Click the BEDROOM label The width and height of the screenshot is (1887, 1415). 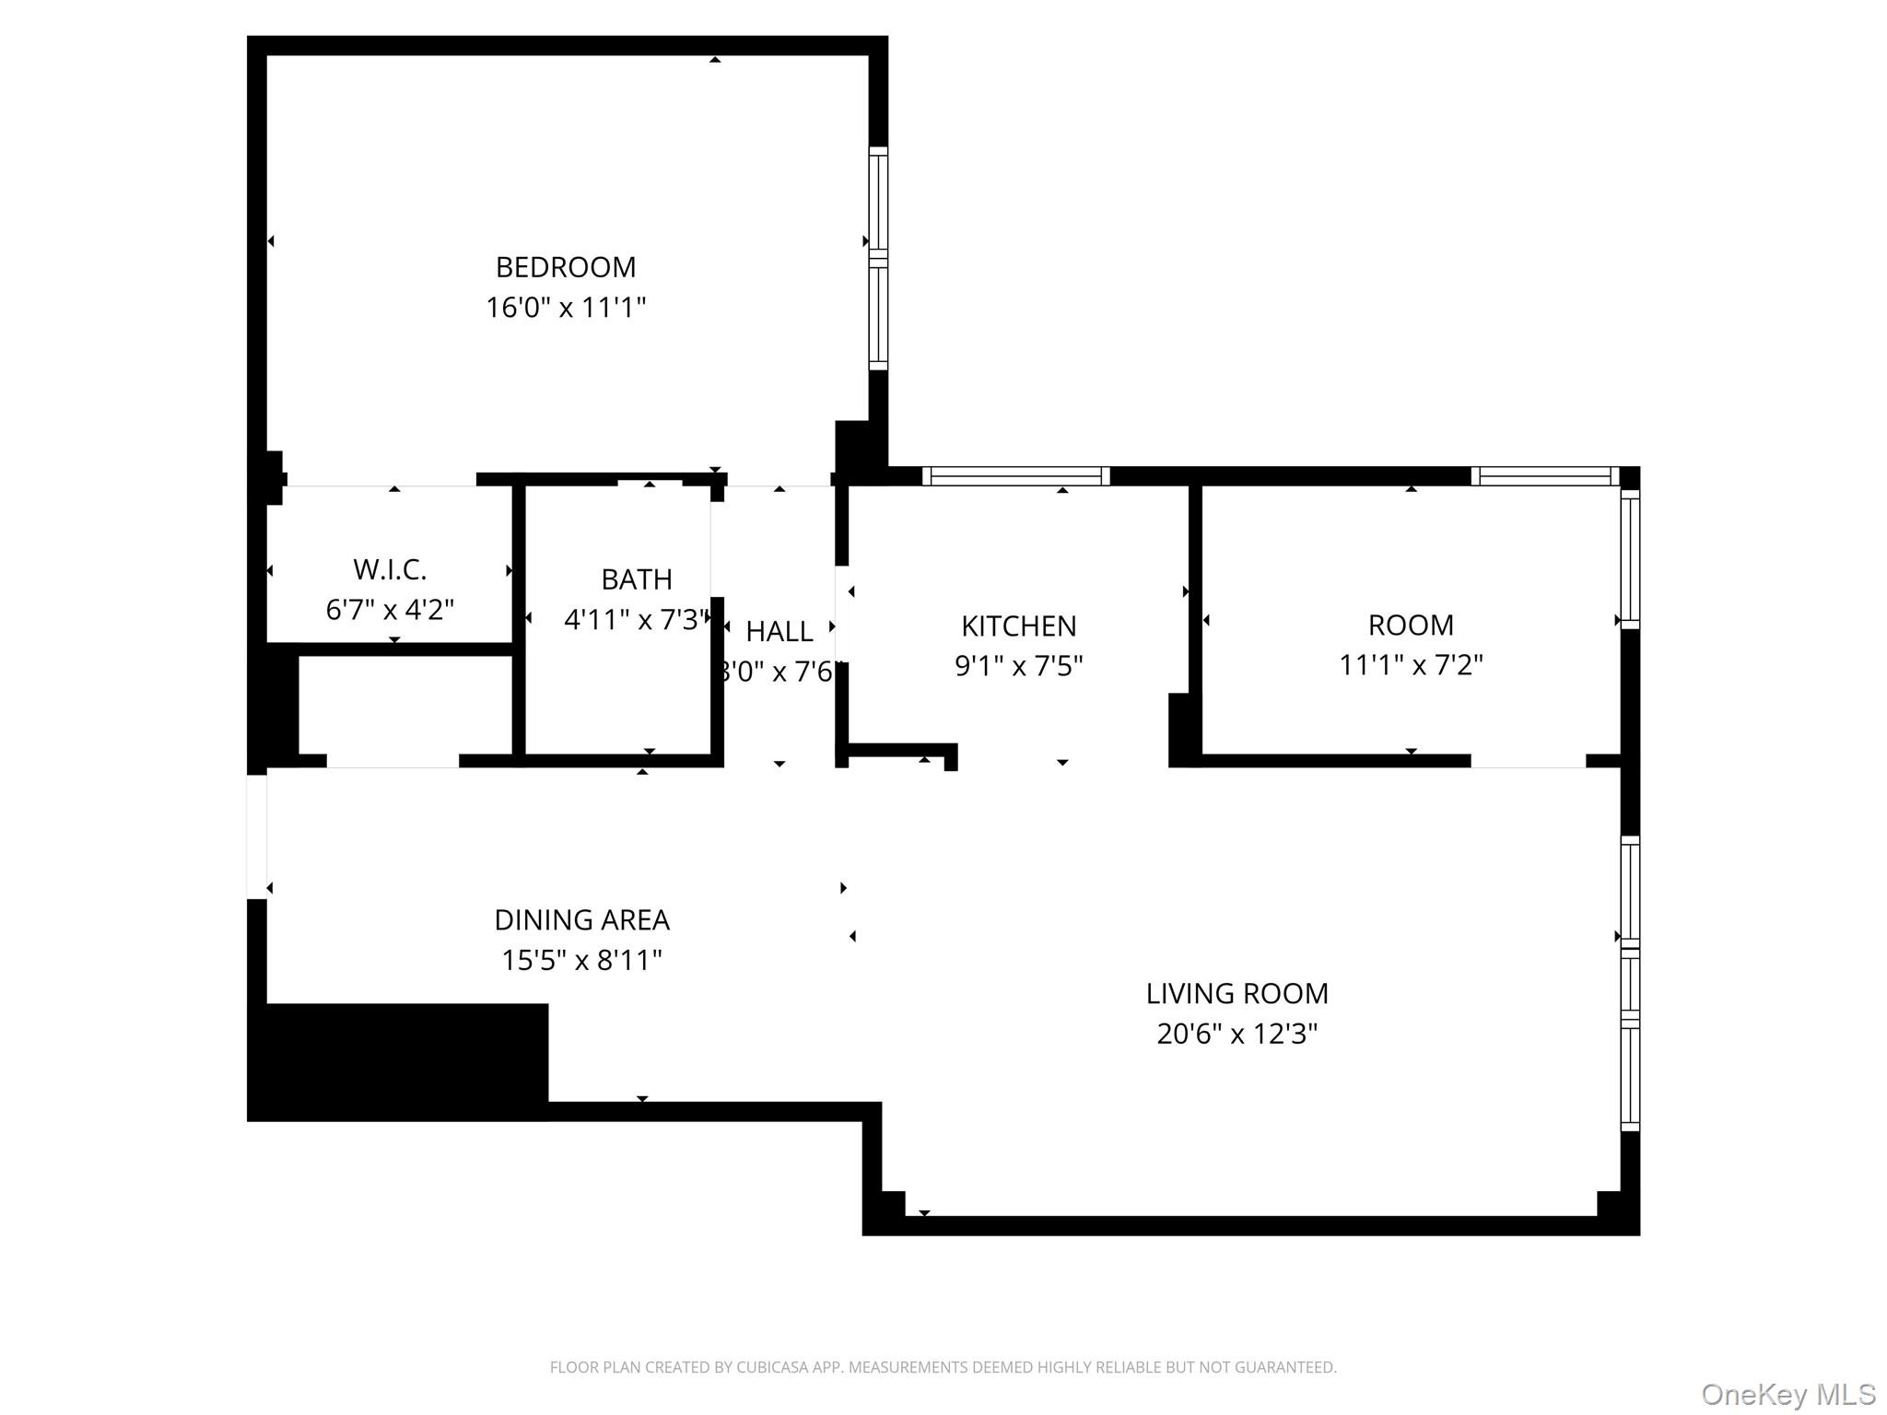coord(566,267)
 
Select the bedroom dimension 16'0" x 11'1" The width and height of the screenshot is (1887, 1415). coord(566,307)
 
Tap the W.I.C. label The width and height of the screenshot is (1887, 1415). coord(390,569)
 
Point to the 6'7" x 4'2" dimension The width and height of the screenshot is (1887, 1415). coord(390,610)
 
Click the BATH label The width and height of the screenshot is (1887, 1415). coord(636,579)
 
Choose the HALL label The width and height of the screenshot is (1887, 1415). coord(779,632)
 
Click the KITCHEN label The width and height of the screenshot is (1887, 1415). coord(1018,626)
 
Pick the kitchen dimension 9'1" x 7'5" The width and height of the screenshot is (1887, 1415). coord(1018,666)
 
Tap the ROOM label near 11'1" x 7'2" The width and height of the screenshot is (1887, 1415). coord(1411,626)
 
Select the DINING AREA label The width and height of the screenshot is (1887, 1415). coord(581,920)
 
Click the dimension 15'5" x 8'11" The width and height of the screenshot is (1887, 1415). coord(581,961)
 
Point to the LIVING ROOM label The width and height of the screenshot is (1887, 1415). coord(1237,994)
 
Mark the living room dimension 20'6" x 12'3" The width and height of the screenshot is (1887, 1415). coord(1237,1035)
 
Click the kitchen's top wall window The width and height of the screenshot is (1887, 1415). coord(1015,476)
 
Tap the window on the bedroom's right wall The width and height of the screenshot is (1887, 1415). coord(878,258)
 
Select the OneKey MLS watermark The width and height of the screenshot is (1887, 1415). coord(1788,1395)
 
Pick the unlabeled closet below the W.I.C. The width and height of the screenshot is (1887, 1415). coord(405,705)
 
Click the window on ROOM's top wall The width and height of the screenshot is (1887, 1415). coord(1544,476)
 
